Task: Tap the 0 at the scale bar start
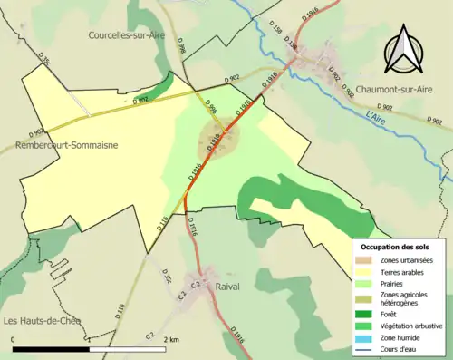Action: click(14, 339)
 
